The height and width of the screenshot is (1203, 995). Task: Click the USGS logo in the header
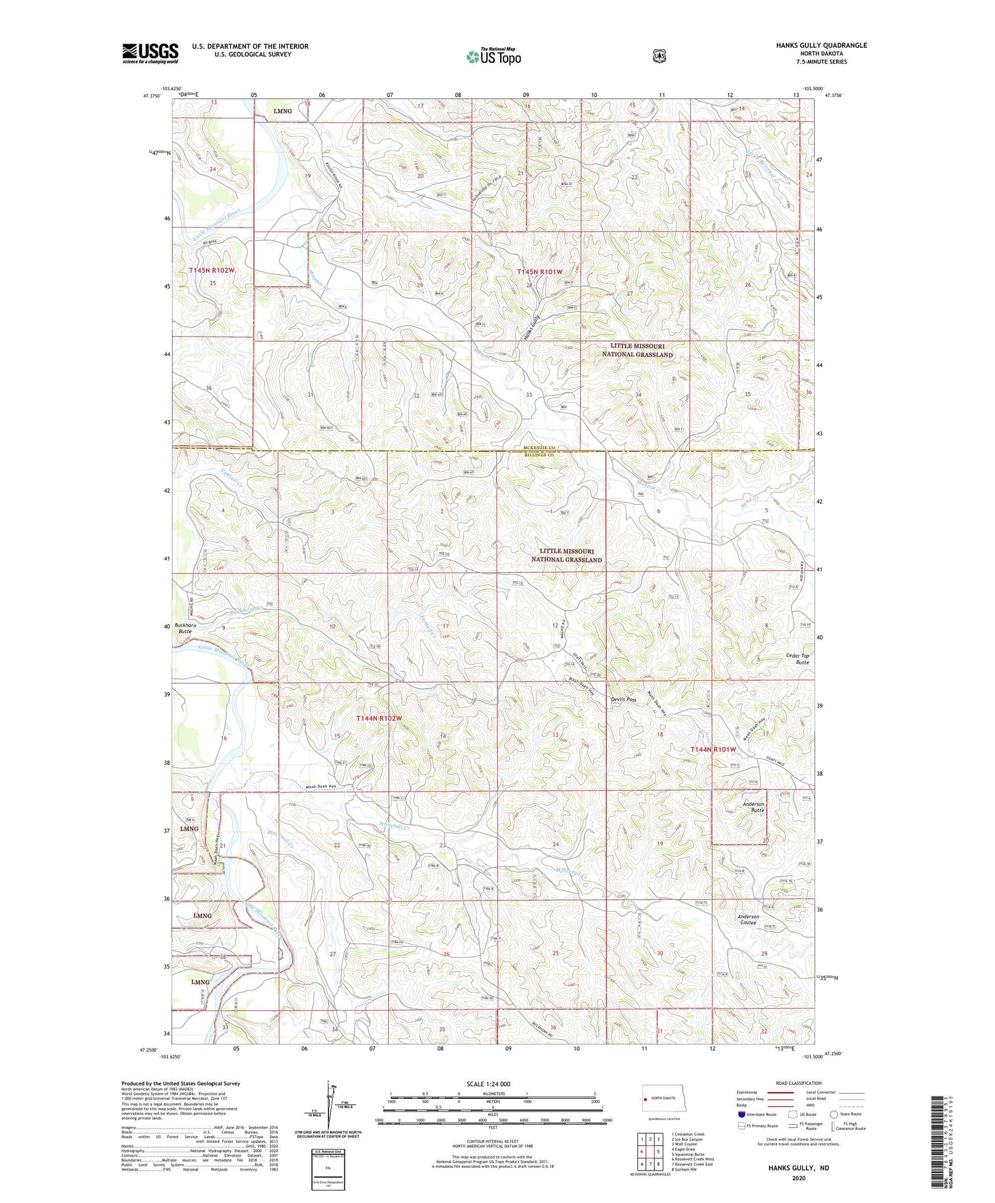150,53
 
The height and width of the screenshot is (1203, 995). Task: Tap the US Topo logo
494,56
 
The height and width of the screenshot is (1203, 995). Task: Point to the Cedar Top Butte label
797,658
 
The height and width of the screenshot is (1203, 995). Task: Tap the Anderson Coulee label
748,919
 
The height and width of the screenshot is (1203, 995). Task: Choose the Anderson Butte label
753,807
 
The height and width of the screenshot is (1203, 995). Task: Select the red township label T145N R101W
539,272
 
